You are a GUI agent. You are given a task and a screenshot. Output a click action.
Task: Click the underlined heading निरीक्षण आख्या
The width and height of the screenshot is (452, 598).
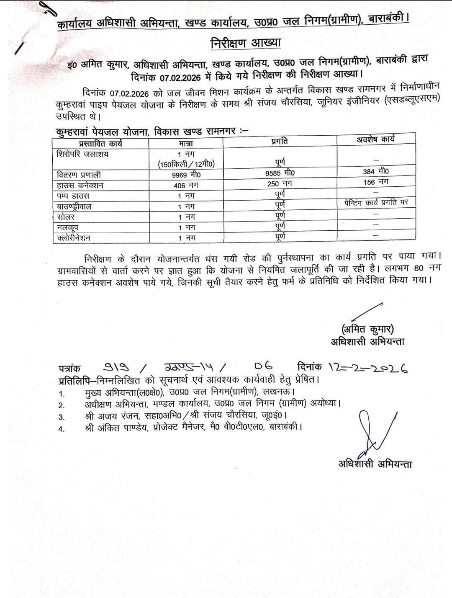tap(246, 43)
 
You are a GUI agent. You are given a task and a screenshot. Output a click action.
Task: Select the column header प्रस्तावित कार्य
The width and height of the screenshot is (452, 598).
tap(100, 144)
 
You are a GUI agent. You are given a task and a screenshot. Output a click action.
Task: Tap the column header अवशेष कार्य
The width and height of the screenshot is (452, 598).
tap(375, 139)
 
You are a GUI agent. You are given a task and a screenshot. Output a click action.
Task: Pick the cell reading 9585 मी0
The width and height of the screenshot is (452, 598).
tap(280, 173)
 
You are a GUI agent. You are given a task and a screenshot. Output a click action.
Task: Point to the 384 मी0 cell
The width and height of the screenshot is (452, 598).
tap(376, 171)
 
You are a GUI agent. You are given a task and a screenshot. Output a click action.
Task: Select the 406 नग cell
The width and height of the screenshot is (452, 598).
tap(186, 186)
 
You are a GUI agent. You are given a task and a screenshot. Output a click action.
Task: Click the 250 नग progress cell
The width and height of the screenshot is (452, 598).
tap(280, 183)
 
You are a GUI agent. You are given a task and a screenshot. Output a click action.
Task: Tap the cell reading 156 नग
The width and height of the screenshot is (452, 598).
tap(376, 182)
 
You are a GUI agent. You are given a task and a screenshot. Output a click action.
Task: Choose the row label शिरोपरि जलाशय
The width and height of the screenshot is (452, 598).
tap(82, 154)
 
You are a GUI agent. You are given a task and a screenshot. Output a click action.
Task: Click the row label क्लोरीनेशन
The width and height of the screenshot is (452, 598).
tap(74, 238)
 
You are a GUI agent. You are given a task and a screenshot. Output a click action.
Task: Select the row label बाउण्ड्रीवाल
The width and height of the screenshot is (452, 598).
tap(74, 206)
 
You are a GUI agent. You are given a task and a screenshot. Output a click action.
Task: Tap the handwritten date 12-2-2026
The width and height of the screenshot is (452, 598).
tap(368, 367)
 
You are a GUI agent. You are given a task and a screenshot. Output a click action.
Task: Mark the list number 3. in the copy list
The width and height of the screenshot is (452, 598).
tap(62, 417)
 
